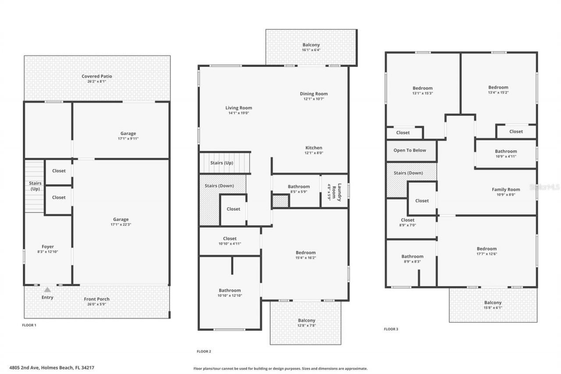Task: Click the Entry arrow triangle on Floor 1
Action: [x=47, y=290]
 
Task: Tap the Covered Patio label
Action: [x=97, y=76]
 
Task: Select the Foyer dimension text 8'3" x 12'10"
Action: [x=47, y=252]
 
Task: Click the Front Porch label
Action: [x=97, y=299]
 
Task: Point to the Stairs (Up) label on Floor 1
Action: [x=35, y=186]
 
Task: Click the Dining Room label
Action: [x=314, y=93]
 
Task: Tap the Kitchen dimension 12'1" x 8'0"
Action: [x=314, y=153]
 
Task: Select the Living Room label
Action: [x=239, y=108]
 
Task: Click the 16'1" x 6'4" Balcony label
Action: [x=311, y=45]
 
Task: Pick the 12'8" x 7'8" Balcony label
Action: [x=306, y=321]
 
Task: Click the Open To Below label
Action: [x=410, y=150]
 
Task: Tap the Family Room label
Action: [x=506, y=189]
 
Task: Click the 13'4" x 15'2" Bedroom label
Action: [x=498, y=87]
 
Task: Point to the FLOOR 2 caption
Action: [x=204, y=351]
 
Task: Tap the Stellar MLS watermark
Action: [x=545, y=187]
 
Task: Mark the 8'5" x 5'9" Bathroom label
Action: [x=299, y=186]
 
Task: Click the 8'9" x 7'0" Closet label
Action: [x=408, y=220]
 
